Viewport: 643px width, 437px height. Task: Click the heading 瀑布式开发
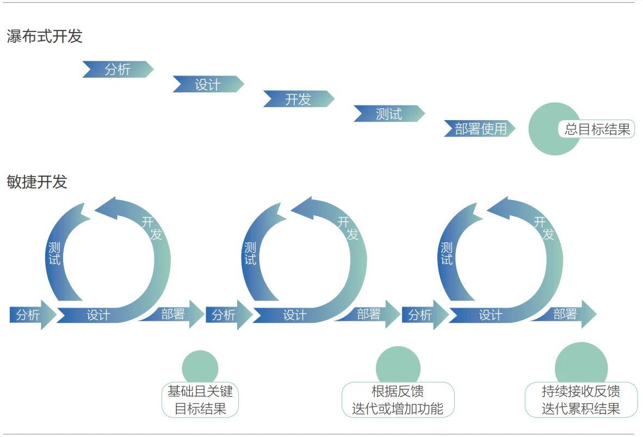[x=44, y=36]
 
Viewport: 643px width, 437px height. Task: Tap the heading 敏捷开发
[x=37, y=182]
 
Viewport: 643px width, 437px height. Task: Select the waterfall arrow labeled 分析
[x=118, y=69]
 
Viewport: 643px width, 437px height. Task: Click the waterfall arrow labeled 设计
[x=208, y=84]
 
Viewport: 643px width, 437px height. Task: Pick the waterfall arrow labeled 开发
[x=299, y=99]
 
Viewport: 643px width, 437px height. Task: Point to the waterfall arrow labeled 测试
[x=389, y=114]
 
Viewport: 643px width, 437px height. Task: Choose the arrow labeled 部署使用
[x=480, y=129]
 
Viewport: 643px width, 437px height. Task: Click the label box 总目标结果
[x=597, y=129]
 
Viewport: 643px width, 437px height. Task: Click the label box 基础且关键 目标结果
[x=200, y=399]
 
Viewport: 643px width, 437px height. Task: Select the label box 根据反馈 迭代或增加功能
[x=398, y=399]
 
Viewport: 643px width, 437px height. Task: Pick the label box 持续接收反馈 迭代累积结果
[x=581, y=399]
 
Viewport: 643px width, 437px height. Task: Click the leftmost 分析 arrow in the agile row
[x=33, y=315]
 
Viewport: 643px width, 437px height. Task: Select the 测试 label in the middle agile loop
[x=250, y=253]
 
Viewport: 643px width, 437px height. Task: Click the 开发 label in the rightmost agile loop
[x=544, y=228]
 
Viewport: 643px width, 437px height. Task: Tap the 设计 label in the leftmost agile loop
[x=98, y=315]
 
